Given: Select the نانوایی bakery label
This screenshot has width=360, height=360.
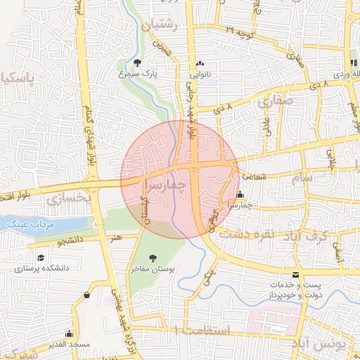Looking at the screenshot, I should pyautogui.click(x=202, y=72).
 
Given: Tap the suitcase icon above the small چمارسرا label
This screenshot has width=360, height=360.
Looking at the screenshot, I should pyautogui.click(x=241, y=195).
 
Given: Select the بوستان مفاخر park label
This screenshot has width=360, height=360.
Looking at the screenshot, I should pyautogui.click(x=152, y=269).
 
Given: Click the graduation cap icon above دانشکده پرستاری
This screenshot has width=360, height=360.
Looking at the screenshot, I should pyautogui.click(x=41, y=258).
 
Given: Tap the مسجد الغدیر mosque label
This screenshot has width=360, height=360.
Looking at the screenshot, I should pyautogui.click(x=69, y=345).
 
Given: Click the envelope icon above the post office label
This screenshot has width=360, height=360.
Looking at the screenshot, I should pyautogui.click(x=295, y=274).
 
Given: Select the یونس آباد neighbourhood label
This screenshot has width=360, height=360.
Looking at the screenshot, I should pyautogui.click(x=328, y=345).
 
